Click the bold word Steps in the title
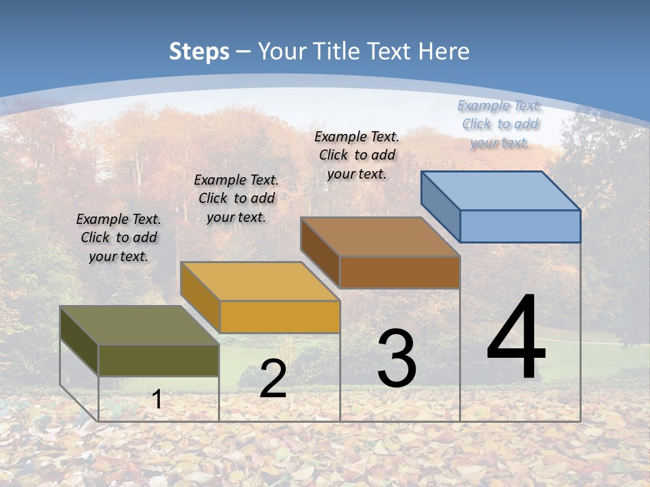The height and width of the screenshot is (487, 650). (199, 51)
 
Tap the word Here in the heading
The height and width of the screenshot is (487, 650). (443, 51)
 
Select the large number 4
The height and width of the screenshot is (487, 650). (516, 338)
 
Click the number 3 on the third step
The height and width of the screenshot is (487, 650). (397, 358)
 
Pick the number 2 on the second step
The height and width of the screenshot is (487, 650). (273, 379)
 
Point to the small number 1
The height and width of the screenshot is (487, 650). (156, 400)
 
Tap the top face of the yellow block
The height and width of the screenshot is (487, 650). (260, 281)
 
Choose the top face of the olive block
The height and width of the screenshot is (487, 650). (139, 325)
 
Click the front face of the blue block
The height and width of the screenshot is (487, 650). (520, 226)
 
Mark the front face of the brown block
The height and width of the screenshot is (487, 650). (399, 272)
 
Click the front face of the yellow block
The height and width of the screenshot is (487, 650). (280, 317)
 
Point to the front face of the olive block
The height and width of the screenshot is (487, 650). (158, 361)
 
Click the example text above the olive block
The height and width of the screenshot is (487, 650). (118, 237)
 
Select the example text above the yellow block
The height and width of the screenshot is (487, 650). (236, 198)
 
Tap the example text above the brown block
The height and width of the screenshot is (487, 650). (357, 155)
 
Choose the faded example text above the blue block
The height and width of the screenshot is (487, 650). (500, 124)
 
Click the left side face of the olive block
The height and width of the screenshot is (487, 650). (79, 340)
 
